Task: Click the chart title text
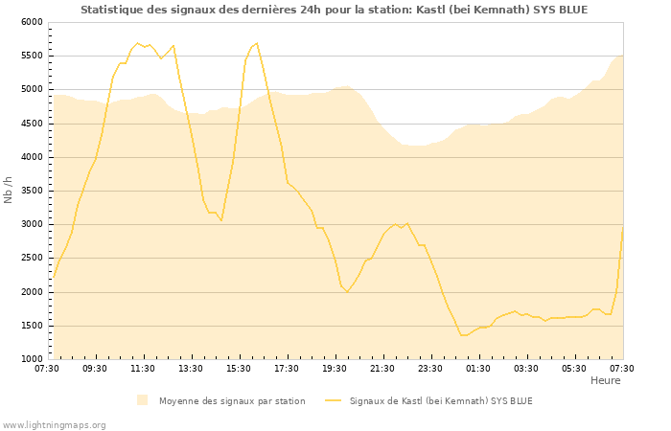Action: click(x=334, y=10)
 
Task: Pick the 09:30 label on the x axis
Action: click(x=95, y=368)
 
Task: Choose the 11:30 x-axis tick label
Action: click(x=143, y=368)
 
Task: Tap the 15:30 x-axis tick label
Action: click(x=239, y=368)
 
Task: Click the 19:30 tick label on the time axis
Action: click(x=335, y=368)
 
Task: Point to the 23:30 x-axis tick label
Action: click(x=430, y=368)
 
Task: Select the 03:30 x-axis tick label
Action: click(x=526, y=368)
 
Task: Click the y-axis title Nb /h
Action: click(x=9, y=190)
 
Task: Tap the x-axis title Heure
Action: click(x=605, y=380)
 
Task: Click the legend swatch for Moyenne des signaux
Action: click(x=143, y=400)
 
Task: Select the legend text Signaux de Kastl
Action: click(x=441, y=400)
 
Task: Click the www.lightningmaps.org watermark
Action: click(x=55, y=424)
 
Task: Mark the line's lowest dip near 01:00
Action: click(x=462, y=335)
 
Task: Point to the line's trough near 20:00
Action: click(x=347, y=291)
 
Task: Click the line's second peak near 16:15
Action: click(x=257, y=43)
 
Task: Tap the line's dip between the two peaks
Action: click(x=221, y=221)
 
